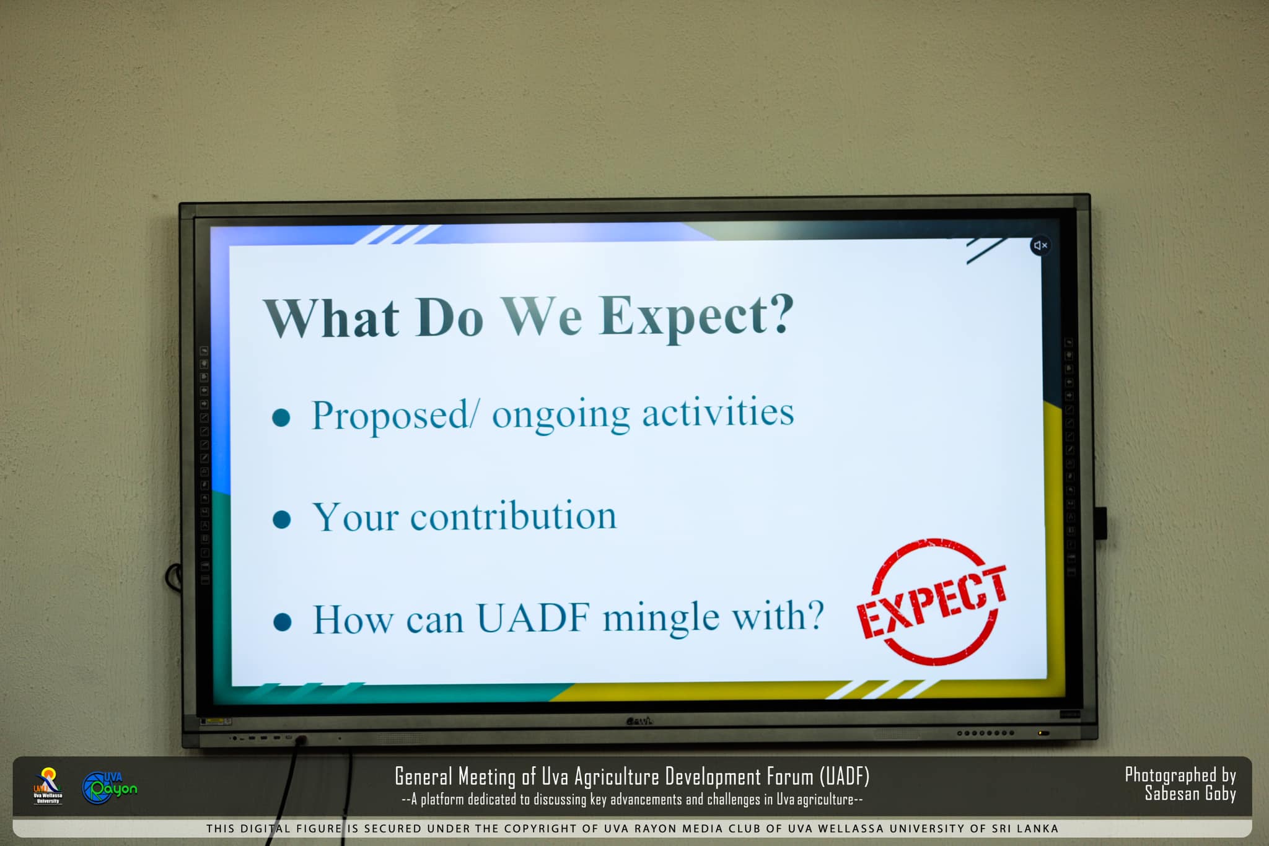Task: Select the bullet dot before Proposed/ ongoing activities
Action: (x=281, y=417)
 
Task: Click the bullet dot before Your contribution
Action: (x=282, y=519)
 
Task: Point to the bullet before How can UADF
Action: (x=283, y=621)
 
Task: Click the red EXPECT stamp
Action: (x=933, y=601)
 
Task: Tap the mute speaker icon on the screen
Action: (x=1040, y=245)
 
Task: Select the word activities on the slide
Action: (x=718, y=412)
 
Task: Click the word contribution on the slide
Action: (x=513, y=516)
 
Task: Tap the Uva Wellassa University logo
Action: (x=48, y=786)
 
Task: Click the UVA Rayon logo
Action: (x=109, y=787)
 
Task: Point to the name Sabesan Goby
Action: (x=1190, y=793)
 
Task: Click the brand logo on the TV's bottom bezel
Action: (x=639, y=720)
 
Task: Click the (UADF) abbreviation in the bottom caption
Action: (x=845, y=776)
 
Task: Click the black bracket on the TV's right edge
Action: (x=1100, y=522)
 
